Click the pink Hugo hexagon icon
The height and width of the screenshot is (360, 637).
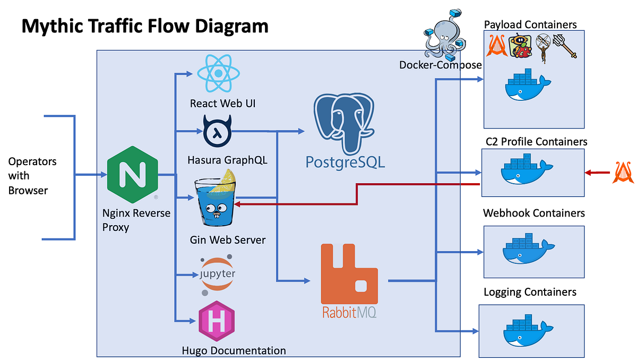pyautogui.click(x=217, y=320)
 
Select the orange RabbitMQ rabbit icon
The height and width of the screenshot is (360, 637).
pyautogui.click(x=350, y=275)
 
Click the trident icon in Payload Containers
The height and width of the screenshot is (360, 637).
pyautogui.click(x=565, y=46)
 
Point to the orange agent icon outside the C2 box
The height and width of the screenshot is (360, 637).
pyautogui.click(x=623, y=172)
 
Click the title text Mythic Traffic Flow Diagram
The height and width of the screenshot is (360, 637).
pyautogui.click(x=144, y=25)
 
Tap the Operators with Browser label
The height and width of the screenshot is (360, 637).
pyautogui.click(x=32, y=175)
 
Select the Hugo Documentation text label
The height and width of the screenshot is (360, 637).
pyautogui.click(x=234, y=350)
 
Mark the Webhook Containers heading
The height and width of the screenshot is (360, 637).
pyautogui.click(x=533, y=213)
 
